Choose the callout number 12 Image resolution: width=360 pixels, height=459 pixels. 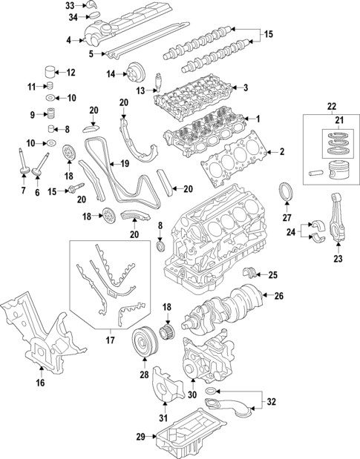(71, 73)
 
